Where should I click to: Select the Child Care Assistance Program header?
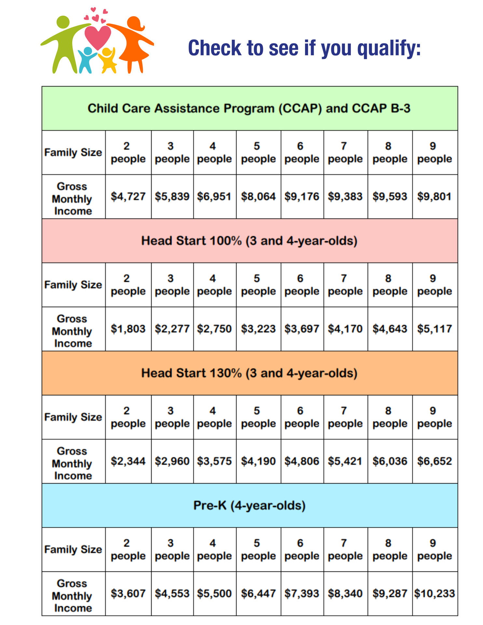(x=249, y=108)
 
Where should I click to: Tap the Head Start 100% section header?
(x=249, y=241)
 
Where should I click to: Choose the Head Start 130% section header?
(x=249, y=373)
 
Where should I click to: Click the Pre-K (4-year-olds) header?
(x=249, y=505)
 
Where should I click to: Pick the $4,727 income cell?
(x=128, y=197)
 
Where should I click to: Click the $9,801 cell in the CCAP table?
(x=435, y=197)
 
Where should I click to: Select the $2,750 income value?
(x=214, y=329)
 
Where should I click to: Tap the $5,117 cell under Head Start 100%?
(x=435, y=329)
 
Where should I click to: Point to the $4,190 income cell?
(x=258, y=461)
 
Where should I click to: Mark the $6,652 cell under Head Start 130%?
(x=435, y=461)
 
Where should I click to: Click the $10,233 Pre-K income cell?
(x=435, y=593)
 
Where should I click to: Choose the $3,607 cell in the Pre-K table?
(x=128, y=593)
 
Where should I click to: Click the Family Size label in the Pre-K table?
(x=73, y=549)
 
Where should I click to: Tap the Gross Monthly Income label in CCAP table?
(x=73, y=199)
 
